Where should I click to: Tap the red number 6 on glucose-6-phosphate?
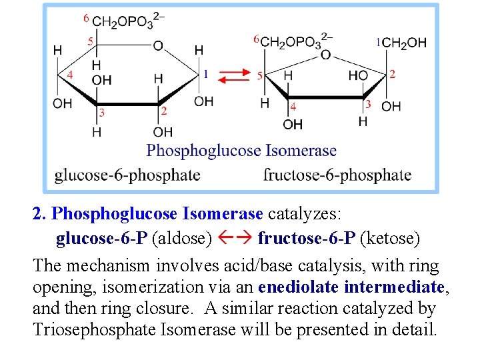click(86, 18)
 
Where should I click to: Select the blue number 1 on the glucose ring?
click(206, 74)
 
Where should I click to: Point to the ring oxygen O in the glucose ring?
click(157, 46)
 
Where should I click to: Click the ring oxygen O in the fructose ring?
click(325, 55)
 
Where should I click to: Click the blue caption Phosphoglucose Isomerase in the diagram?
click(241, 151)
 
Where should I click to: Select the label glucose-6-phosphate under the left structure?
click(127, 175)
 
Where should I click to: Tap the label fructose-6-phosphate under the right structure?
click(337, 175)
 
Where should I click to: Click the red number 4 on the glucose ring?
click(70, 75)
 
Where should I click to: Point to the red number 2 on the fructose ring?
click(393, 74)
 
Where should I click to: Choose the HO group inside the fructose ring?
click(359, 76)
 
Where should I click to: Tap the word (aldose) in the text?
click(182, 238)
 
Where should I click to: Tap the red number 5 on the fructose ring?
click(259, 76)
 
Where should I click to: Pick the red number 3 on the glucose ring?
click(101, 113)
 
